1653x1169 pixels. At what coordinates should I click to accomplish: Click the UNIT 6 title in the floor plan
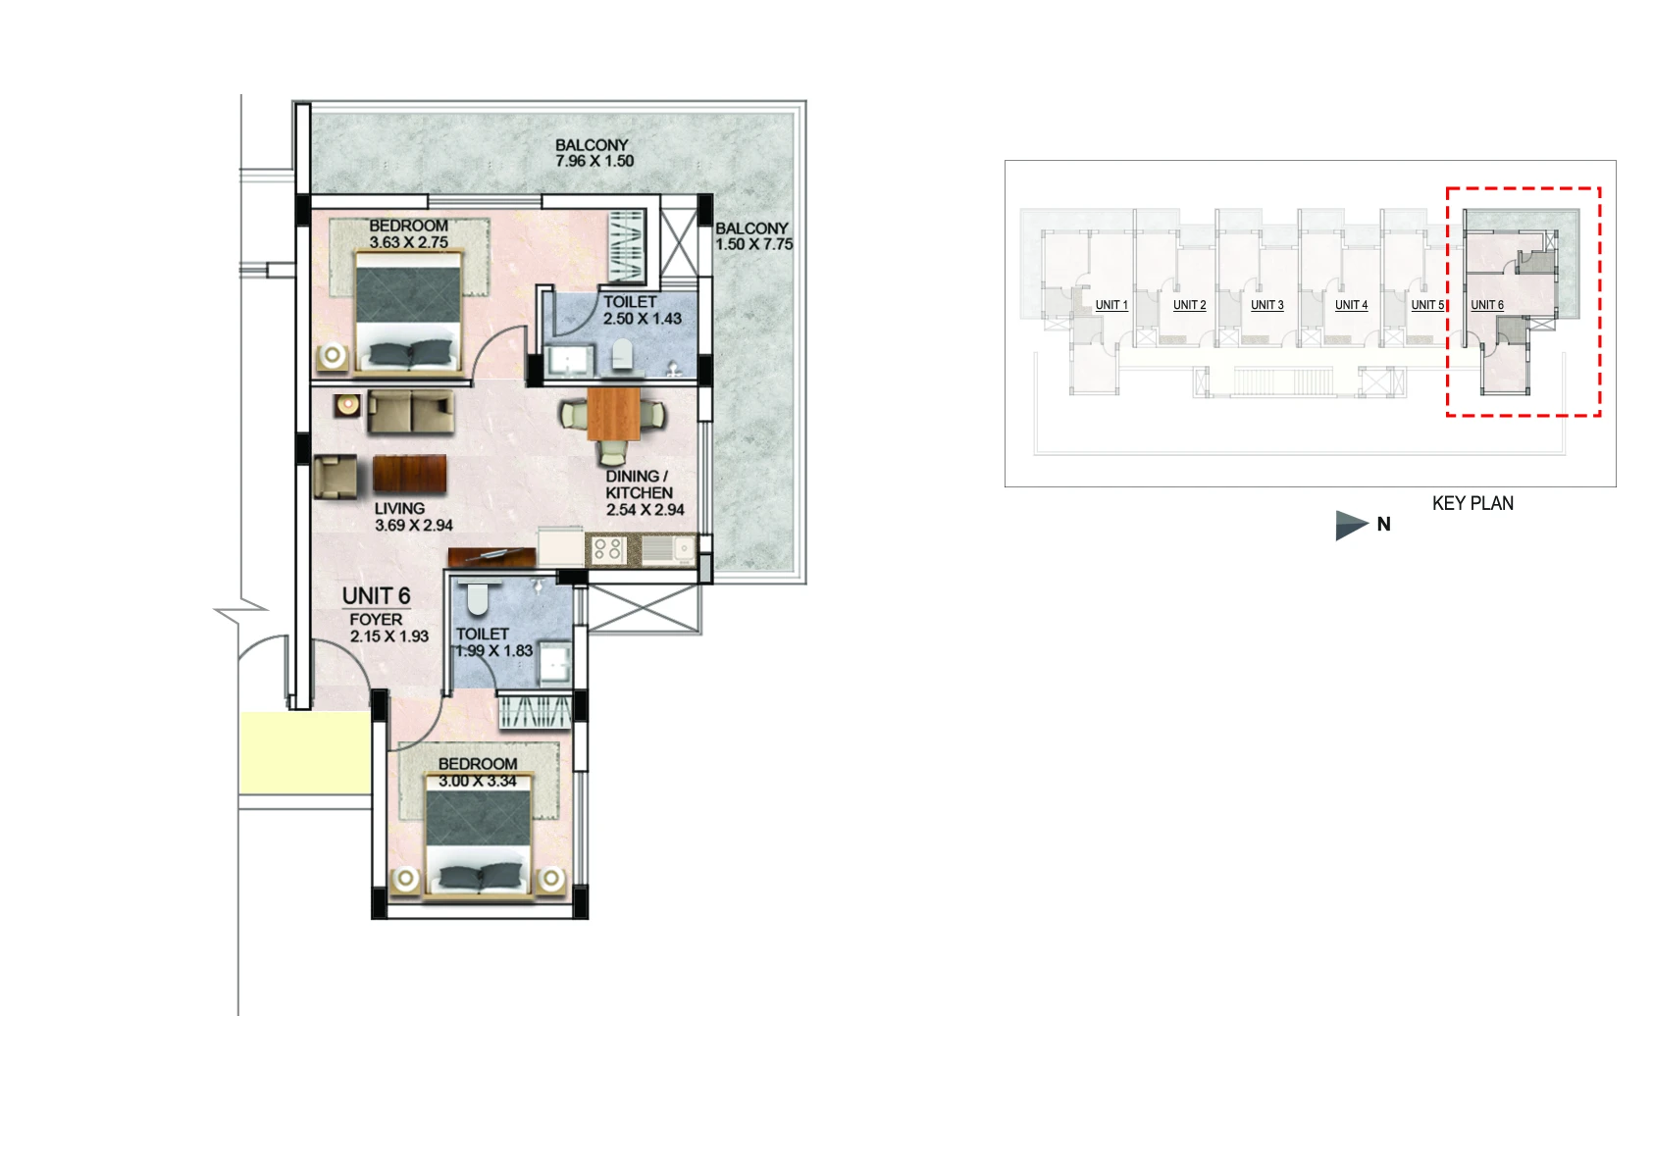point(377,596)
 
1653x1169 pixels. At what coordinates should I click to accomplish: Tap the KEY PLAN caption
point(1472,503)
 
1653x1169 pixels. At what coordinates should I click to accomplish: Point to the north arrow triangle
point(1352,525)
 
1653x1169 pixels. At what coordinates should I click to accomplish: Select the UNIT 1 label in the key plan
point(1111,305)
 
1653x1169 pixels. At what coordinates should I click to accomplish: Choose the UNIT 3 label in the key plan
point(1267,305)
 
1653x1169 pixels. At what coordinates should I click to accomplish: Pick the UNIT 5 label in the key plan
point(1427,305)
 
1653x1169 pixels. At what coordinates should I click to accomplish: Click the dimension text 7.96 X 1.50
point(594,161)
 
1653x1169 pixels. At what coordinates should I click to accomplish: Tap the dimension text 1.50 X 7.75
point(754,244)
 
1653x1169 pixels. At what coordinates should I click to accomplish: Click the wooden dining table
point(613,414)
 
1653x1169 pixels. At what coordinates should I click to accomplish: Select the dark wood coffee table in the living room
point(409,474)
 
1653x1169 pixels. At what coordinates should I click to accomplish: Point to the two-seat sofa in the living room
point(410,412)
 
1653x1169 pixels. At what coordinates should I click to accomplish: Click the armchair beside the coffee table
point(336,478)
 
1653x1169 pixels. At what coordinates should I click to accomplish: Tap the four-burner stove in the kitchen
point(606,549)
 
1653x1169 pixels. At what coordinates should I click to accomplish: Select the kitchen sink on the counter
point(668,550)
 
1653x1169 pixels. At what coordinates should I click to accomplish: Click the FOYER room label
point(376,620)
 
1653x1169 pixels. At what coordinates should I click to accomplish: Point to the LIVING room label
point(399,508)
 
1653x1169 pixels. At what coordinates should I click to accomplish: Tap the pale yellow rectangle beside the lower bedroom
point(305,753)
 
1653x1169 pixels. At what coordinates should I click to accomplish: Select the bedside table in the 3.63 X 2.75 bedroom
point(333,356)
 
